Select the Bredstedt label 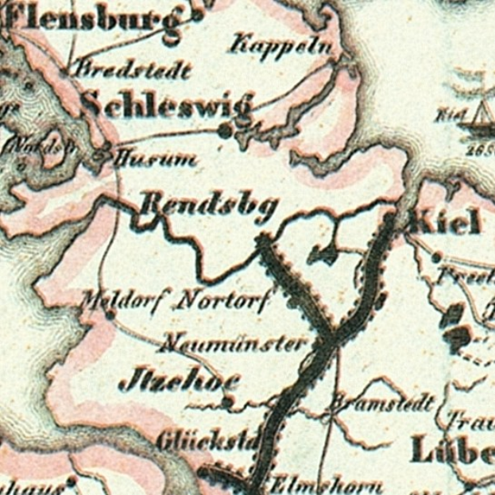pyautogui.click(x=132, y=70)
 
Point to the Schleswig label pyautogui.click(x=167, y=106)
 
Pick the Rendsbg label pyautogui.click(x=208, y=207)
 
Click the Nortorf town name pyautogui.click(x=223, y=301)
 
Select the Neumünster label pyautogui.click(x=232, y=343)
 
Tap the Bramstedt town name pyautogui.click(x=381, y=402)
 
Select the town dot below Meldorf pyautogui.click(x=110, y=315)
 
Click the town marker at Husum pyautogui.click(x=100, y=158)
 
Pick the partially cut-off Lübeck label pyautogui.click(x=452, y=452)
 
